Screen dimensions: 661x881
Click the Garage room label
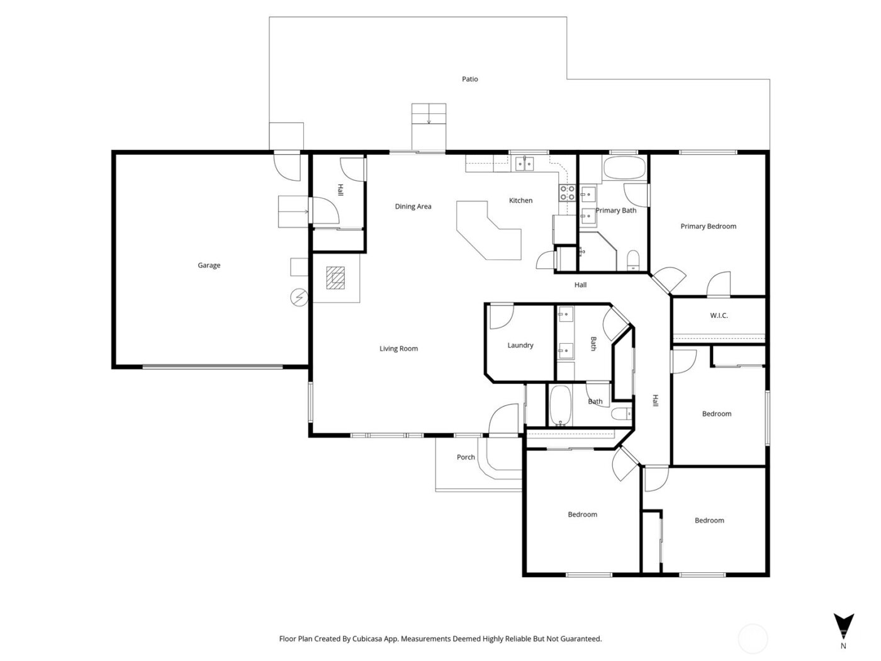tap(209, 266)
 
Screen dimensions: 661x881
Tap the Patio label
tap(470, 79)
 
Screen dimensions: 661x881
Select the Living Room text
tap(398, 349)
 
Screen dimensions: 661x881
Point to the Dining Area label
tap(413, 206)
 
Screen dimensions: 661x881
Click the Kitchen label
tap(520, 201)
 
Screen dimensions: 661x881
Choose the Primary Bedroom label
tap(708, 227)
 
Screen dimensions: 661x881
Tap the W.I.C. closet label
tap(719, 315)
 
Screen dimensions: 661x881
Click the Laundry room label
tap(520, 346)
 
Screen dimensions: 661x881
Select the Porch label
tap(466, 458)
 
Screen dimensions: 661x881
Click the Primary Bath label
tap(615, 211)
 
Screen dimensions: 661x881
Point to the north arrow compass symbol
tap(843, 626)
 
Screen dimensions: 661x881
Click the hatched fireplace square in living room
tap(336, 278)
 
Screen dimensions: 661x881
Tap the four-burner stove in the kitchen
tap(566, 193)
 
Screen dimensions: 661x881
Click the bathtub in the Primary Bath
tap(624, 169)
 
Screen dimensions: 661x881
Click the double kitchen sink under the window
tap(524, 164)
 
